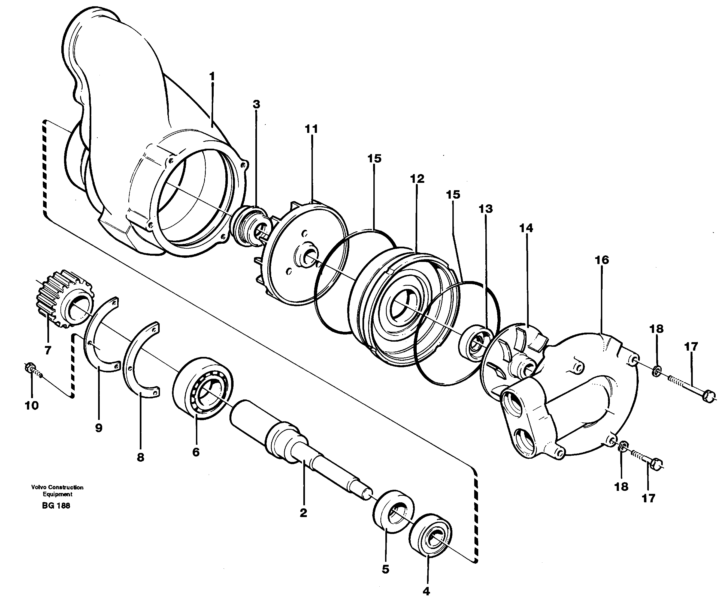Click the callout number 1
point(212,76)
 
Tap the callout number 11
point(311,129)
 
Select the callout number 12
point(417,179)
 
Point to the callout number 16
point(602,260)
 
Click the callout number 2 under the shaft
point(303,513)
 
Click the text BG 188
point(56,506)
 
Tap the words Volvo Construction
point(57,487)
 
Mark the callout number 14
point(526,228)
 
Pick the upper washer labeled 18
point(657,371)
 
